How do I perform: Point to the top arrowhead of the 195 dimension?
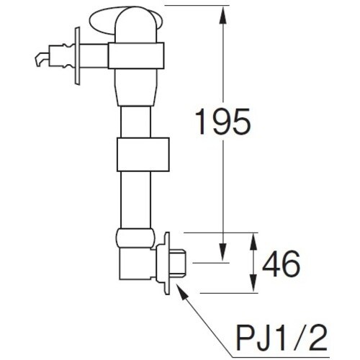click(223, 10)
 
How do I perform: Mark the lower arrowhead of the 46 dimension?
click(254, 288)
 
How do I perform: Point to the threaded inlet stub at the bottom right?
click(181, 264)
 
